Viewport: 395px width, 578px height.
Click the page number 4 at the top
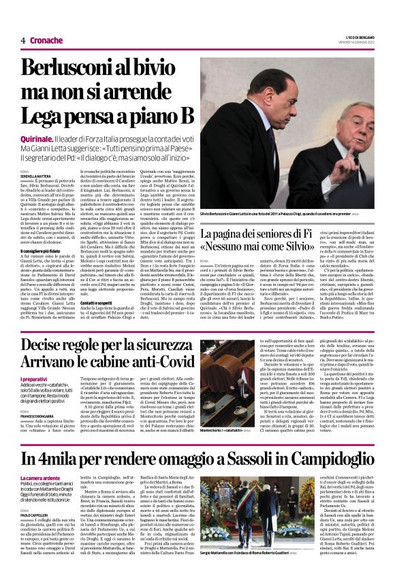coord(22,40)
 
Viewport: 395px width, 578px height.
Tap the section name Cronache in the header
coord(46,40)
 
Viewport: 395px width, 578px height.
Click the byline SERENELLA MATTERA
coord(37,176)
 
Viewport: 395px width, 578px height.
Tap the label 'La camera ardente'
coord(42,479)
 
